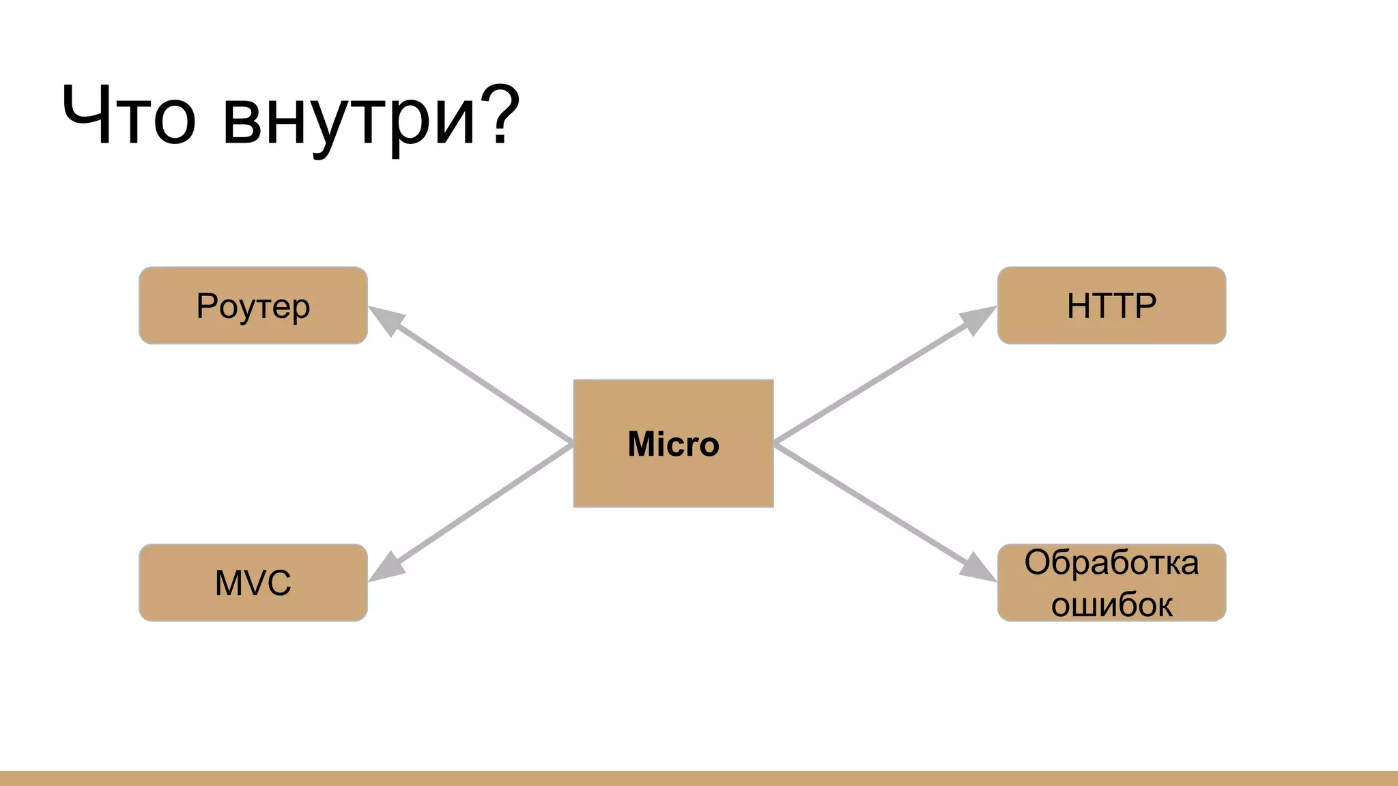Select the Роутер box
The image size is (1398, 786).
[253, 306]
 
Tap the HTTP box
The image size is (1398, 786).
[1111, 306]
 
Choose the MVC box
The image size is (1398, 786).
[253, 583]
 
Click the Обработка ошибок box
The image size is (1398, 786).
[1111, 583]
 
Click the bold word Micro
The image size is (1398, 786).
[673, 444]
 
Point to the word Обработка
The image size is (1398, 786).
[1111, 563]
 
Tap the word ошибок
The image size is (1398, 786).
[1111, 605]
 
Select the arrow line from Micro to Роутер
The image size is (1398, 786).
[481, 382]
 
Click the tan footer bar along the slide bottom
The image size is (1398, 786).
[699, 778]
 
